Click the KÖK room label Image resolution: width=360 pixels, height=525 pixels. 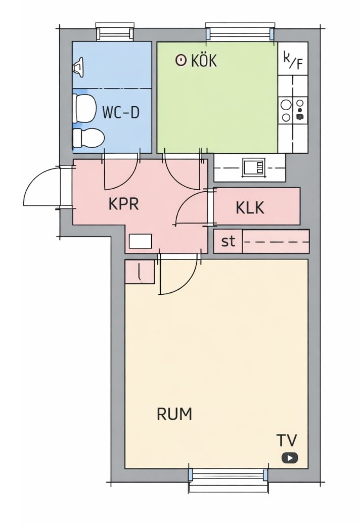pos(204,61)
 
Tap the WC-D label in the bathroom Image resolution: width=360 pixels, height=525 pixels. pos(121,112)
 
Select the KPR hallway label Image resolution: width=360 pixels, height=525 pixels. pos(123,203)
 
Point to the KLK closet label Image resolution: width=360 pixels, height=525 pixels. pos(250,207)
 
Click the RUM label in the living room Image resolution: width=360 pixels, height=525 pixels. pos(174,414)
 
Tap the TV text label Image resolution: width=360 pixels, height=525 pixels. pos(287,441)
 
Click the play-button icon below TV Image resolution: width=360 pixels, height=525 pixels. pos(289,458)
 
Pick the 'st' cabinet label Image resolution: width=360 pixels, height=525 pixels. pos(228,241)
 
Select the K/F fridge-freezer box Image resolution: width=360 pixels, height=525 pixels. pos(293,58)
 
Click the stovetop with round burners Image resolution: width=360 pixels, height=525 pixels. pos(293,110)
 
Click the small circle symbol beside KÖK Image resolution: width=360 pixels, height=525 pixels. pos(181,61)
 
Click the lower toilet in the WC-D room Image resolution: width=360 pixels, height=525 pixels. pos(88,138)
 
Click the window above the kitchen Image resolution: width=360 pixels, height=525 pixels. pos(240,32)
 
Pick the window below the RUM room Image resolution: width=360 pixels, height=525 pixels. pos(228,480)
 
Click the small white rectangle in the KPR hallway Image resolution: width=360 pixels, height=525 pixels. pos(141,241)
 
